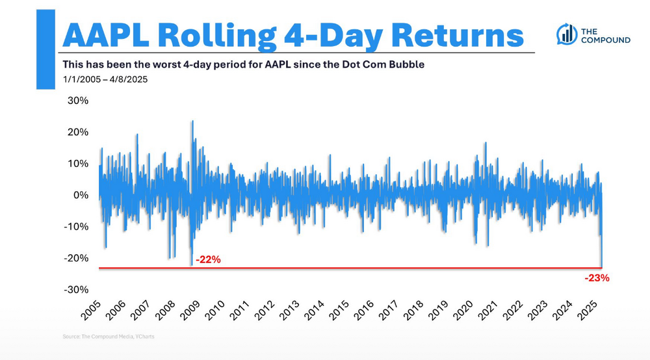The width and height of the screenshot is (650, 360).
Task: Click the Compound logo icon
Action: pyautogui.click(x=567, y=34)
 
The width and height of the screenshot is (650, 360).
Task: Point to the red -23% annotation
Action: pyautogui.click(x=595, y=277)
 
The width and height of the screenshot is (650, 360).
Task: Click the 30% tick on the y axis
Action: pyautogui.click(x=79, y=101)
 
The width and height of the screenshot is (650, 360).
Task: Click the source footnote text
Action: pyautogui.click(x=109, y=337)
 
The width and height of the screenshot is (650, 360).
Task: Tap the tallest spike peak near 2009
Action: pyautogui.click(x=192, y=122)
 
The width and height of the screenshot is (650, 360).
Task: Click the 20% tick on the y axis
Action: pyautogui.click(x=79, y=133)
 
